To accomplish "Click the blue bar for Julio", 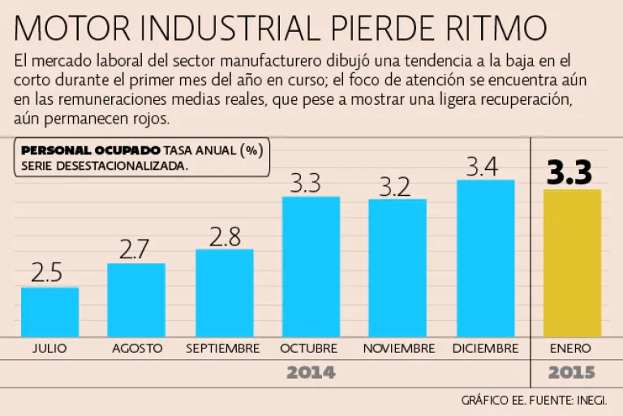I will point(49,312).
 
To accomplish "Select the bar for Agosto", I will point(136,300).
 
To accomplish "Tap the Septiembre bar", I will point(224,292).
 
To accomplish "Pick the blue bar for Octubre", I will point(311,266).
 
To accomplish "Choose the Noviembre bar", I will point(397,268).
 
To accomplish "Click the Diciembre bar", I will point(485,258).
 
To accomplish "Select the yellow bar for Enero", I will point(572,263).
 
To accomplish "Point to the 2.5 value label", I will point(47,273).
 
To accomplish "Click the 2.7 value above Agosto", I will point(135,249).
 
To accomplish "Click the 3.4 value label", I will point(484,166).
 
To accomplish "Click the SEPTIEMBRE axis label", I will point(223,349).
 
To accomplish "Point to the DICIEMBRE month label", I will point(485,349).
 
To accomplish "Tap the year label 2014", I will point(311,373).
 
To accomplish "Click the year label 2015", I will point(571,373).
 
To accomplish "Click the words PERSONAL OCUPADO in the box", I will point(90,150).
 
